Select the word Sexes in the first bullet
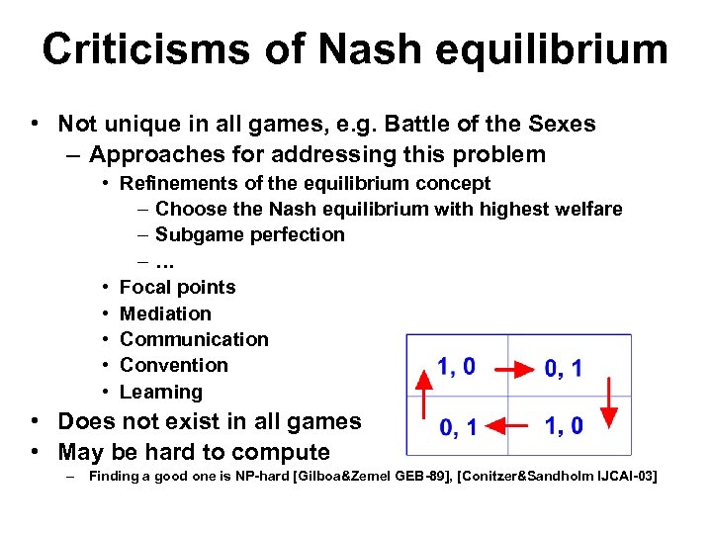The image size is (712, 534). tap(563, 124)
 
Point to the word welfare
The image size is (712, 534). tap(587, 209)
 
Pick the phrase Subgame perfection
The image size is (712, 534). tap(250, 235)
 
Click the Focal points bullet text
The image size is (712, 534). tap(178, 288)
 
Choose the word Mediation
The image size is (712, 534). tap(165, 313)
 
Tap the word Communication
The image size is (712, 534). tap(194, 339)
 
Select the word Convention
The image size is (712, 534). tap(173, 365)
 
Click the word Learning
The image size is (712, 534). tap(160, 392)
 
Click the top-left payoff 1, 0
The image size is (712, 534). tap(456, 367)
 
